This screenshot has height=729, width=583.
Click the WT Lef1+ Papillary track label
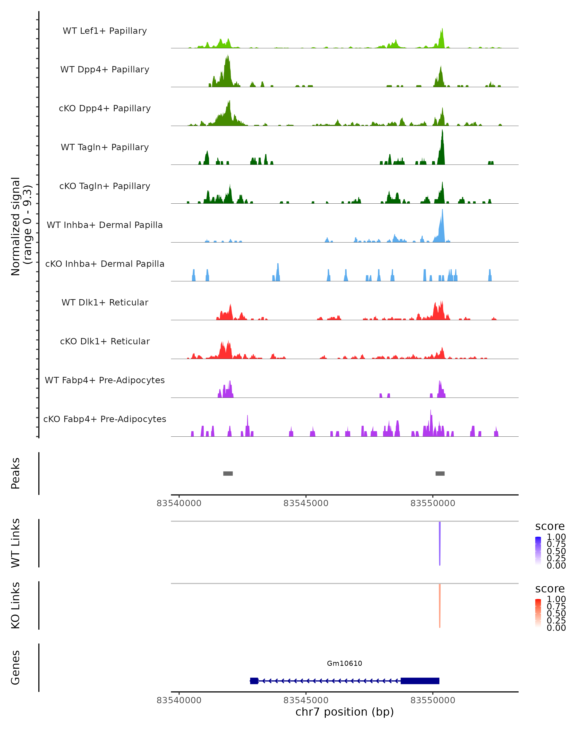coord(105,31)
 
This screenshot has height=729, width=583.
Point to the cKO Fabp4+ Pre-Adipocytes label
coord(105,419)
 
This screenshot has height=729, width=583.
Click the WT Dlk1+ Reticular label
coord(105,303)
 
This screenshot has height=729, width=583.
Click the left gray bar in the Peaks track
coord(228,473)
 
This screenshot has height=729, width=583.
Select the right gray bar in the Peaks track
coord(440,473)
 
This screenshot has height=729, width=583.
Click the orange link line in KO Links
coord(440,605)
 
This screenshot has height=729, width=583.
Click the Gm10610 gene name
coord(344,663)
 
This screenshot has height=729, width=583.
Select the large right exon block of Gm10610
coord(420,681)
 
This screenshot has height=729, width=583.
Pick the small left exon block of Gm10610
coord(254,681)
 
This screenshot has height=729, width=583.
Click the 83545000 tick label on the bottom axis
coord(306,700)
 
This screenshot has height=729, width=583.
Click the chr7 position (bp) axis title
coord(344,712)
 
